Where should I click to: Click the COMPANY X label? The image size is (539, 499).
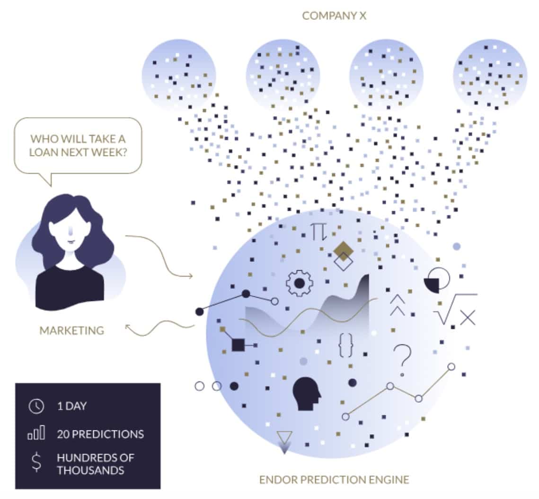tap(334, 16)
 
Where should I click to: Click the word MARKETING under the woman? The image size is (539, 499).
tap(71, 330)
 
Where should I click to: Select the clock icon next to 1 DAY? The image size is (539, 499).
tap(36, 406)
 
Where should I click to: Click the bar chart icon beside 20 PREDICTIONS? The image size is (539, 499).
tap(36, 433)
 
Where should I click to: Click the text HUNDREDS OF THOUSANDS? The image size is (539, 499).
tap(95, 464)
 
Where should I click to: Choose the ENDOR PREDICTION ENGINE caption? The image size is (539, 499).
tap(334, 480)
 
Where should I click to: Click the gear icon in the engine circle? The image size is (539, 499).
tap(299, 283)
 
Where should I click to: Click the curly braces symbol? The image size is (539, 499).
tap(346, 345)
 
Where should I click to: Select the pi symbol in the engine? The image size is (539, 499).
tap(318, 232)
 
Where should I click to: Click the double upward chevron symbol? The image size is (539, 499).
tap(398, 305)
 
